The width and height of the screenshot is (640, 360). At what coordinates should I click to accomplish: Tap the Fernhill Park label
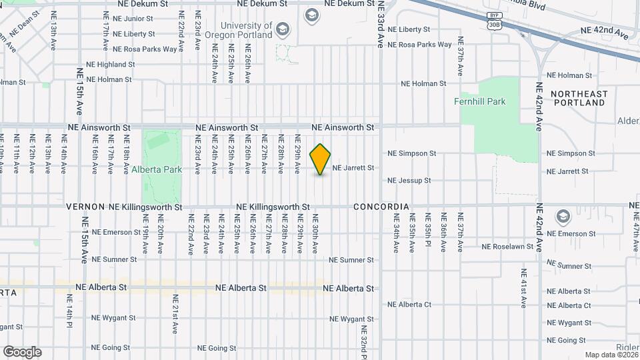pyautogui.click(x=479, y=102)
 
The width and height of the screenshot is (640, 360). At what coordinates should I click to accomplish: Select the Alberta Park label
pyautogui.click(x=157, y=169)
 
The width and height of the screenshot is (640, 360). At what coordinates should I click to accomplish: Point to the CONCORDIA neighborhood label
pyautogui.click(x=381, y=207)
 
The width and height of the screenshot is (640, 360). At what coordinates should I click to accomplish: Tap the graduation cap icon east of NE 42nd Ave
pyautogui.click(x=563, y=217)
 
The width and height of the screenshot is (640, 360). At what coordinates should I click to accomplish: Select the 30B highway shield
pyautogui.click(x=493, y=25)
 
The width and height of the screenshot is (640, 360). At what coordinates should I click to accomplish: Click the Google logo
pyautogui.click(x=22, y=352)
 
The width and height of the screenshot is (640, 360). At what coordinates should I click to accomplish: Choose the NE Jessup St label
pyautogui.click(x=409, y=181)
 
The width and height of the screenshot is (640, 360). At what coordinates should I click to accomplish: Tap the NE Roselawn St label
pyautogui.click(x=508, y=247)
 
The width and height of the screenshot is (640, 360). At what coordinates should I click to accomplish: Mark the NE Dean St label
pyautogui.click(x=25, y=25)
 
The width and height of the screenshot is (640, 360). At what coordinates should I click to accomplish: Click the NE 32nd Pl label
pyautogui.click(x=364, y=339)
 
